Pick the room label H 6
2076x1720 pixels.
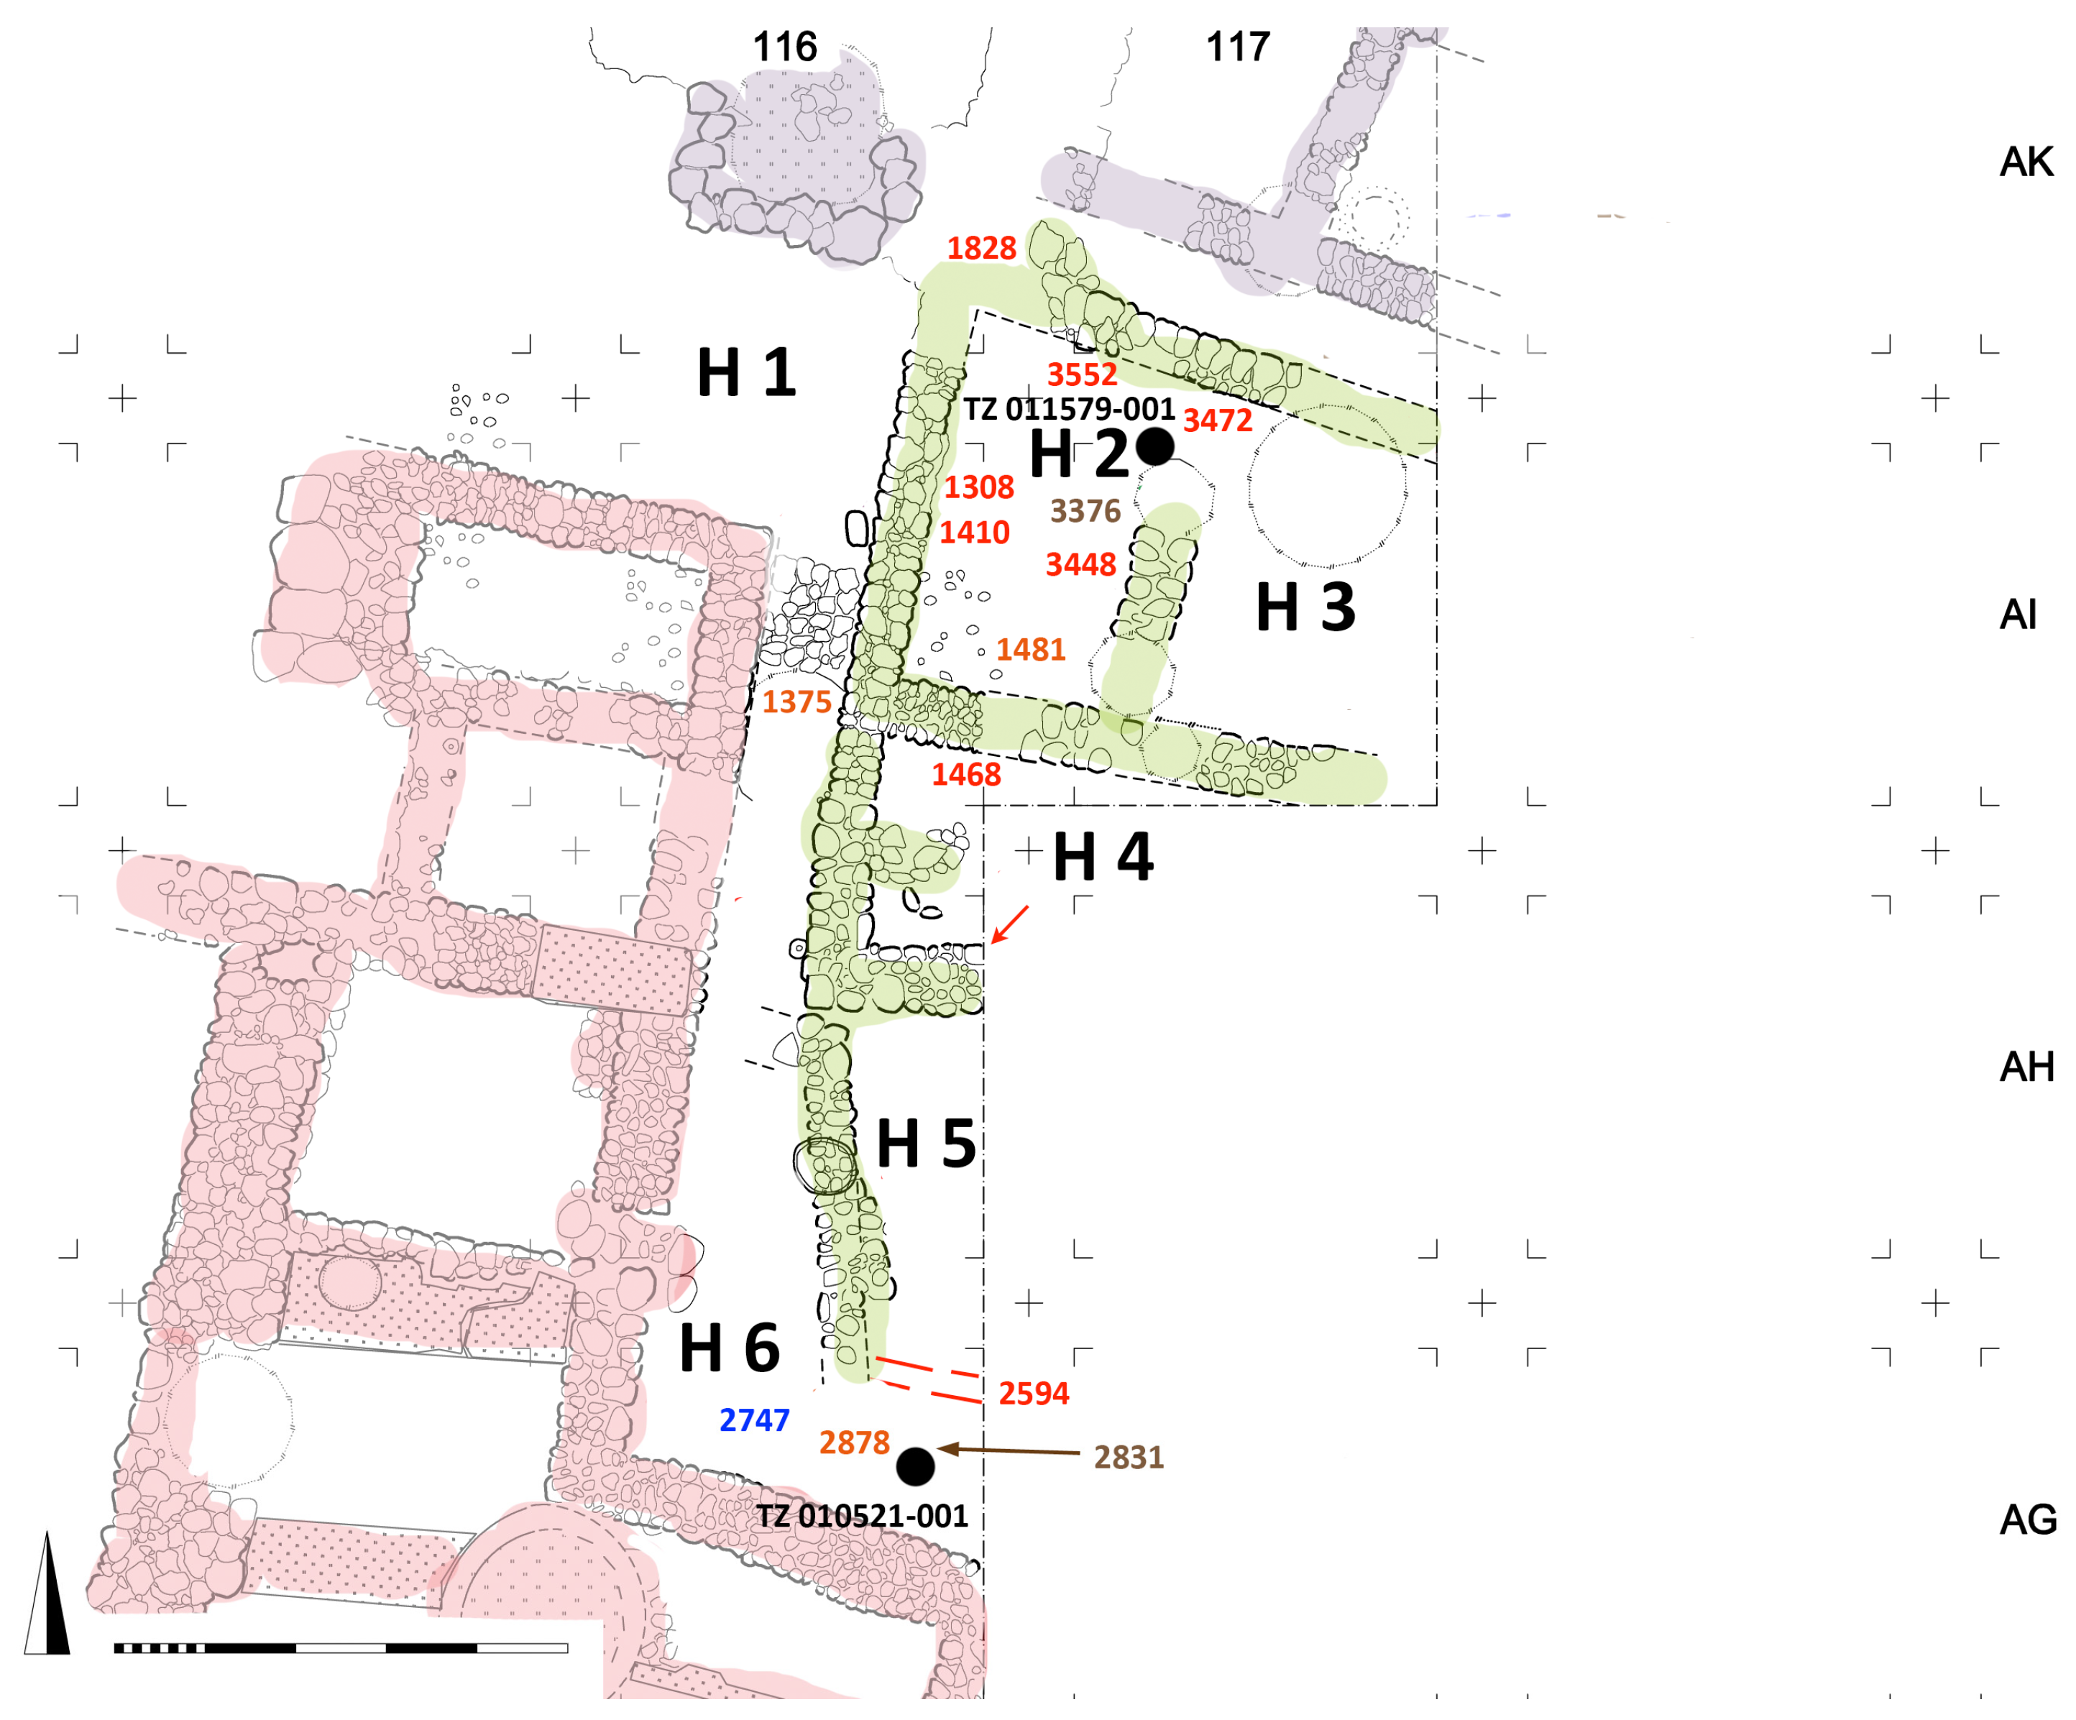pyautogui.click(x=730, y=1348)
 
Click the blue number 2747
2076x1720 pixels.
pyautogui.click(x=754, y=1420)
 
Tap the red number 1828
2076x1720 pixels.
pyautogui.click(x=982, y=248)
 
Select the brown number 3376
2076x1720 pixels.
pyautogui.click(x=1085, y=511)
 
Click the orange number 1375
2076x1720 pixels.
pyautogui.click(x=796, y=702)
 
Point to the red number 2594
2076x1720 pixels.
pyautogui.click(x=1034, y=1394)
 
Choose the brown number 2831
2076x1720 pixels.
pyautogui.click(x=1129, y=1458)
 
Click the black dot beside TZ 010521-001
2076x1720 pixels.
pyautogui.click(x=915, y=1467)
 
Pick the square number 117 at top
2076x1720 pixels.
pyautogui.click(x=1238, y=47)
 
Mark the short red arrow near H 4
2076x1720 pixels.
pyautogui.click(x=1009, y=925)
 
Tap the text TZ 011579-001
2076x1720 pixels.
pyautogui.click(x=1070, y=409)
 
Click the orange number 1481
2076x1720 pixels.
pyautogui.click(x=1031, y=650)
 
